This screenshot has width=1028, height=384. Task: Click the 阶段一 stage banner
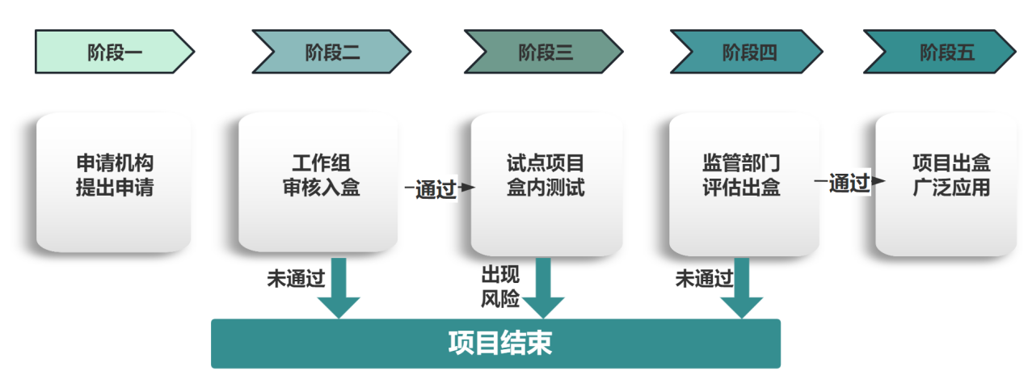(114, 53)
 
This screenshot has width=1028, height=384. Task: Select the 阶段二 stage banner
(331, 53)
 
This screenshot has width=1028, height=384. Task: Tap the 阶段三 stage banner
(544, 53)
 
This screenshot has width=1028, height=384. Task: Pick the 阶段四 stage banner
(748, 53)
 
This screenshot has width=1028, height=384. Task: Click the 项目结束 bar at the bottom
(495, 344)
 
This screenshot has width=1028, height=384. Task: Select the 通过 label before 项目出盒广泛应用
(848, 184)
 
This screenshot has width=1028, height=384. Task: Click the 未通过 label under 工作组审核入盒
(296, 280)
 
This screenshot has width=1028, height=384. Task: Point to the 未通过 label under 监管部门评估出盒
(704, 280)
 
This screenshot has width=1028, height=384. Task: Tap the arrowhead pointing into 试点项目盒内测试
(470, 188)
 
